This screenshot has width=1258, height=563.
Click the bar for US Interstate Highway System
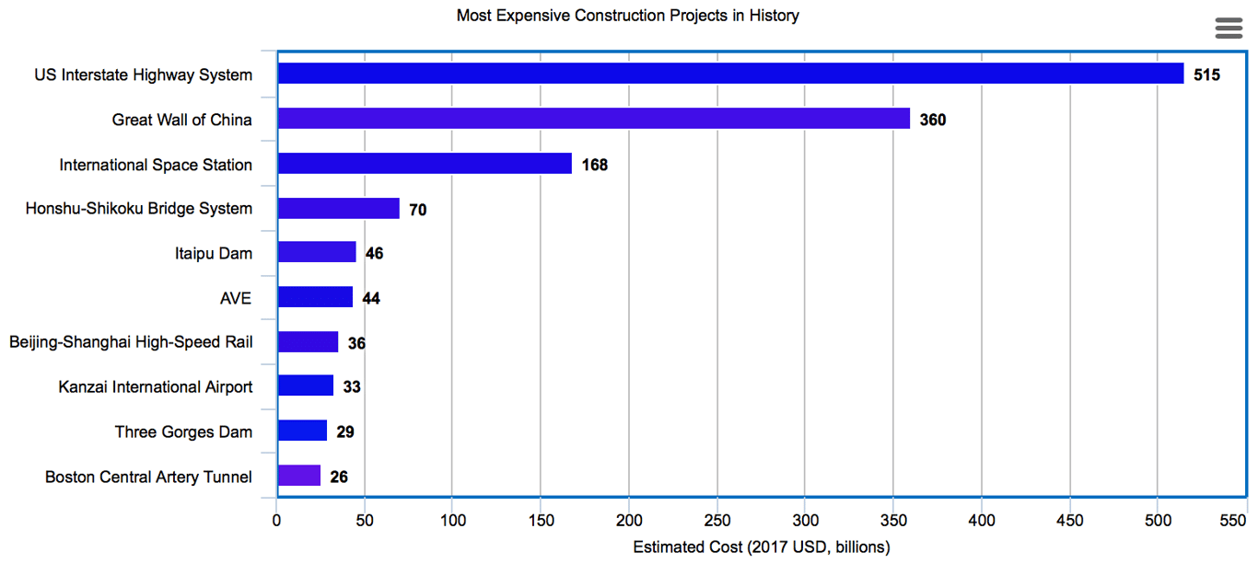(730, 74)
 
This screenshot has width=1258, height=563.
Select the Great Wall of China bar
(593, 119)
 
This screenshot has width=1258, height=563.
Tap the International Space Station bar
(425, 164)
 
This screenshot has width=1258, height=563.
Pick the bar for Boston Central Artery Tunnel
(299, 476)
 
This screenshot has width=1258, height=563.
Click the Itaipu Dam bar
(317, 252)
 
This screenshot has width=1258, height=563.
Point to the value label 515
(1206, 75)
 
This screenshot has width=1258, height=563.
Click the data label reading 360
(933, 120)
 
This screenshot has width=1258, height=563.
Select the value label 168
(595, 165)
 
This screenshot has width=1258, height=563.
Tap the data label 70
(418, 210)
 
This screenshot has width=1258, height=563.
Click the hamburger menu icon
(1229, 28)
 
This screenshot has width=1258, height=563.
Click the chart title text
(628, 16)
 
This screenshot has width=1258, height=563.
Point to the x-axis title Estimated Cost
(762, 547)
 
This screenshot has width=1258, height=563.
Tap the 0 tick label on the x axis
(276, 521)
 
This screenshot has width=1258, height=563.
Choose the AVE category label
(236, 297)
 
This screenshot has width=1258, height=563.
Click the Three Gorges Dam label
(183, 431)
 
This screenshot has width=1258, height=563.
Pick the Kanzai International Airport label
(155, 386)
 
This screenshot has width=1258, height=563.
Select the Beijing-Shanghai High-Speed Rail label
(131, 342)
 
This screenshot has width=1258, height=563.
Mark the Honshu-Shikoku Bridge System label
(139, 208)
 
